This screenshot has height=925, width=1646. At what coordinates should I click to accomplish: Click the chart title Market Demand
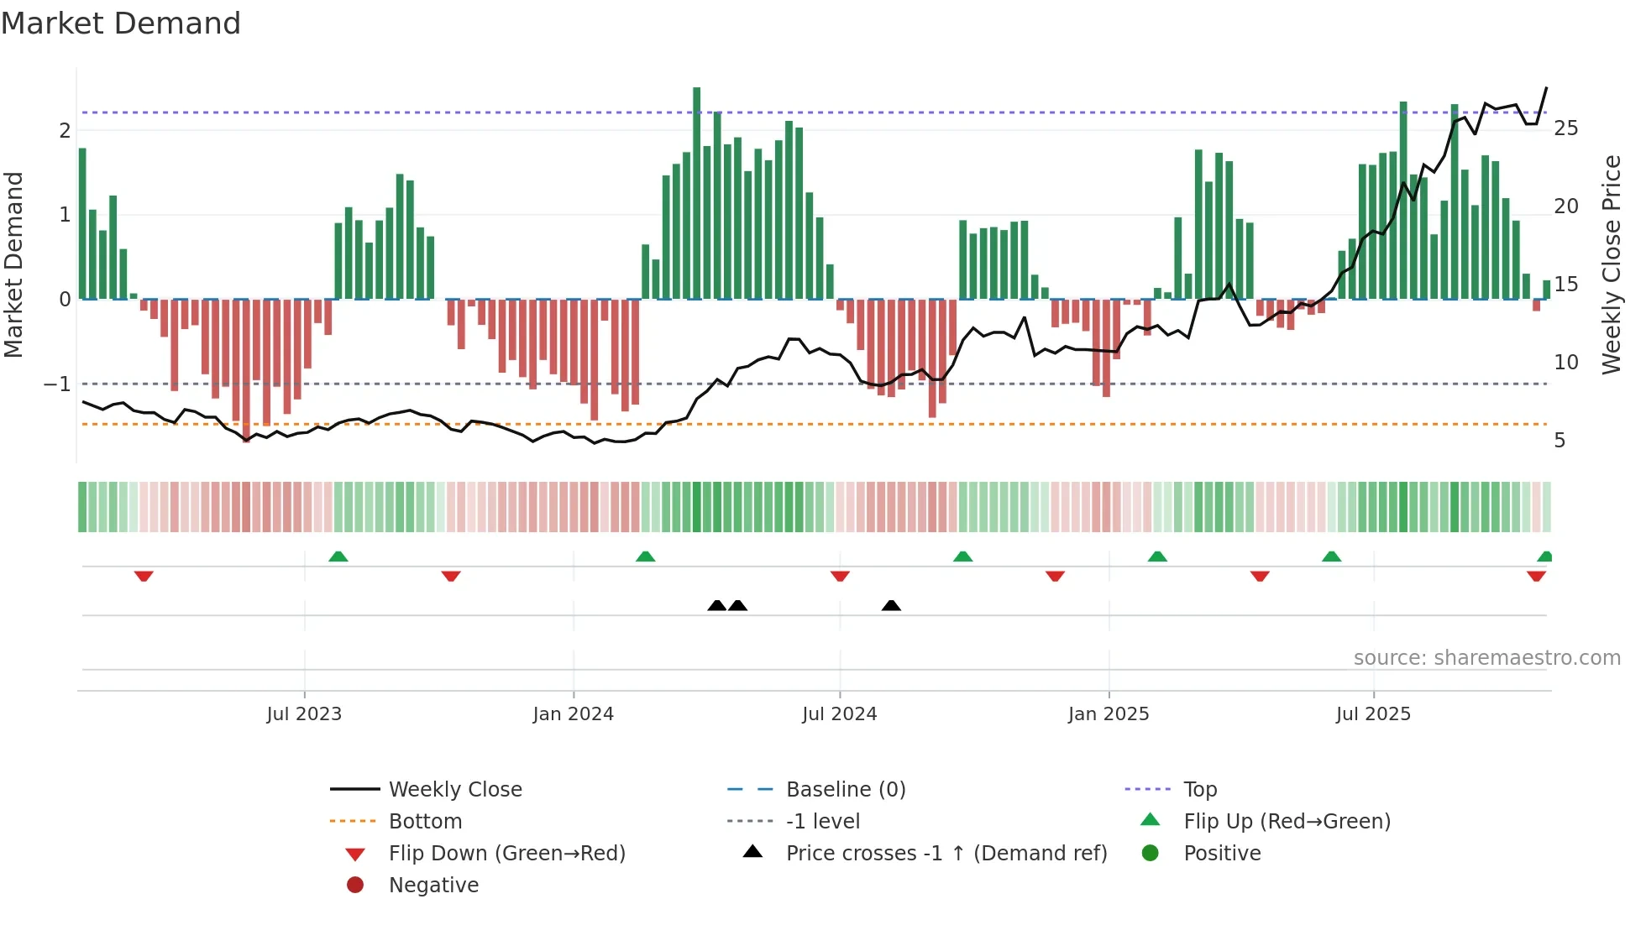pos(121,24)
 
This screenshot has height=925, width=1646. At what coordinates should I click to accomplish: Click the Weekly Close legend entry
pos(454,789)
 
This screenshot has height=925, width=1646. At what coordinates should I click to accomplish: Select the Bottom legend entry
pos(425,821)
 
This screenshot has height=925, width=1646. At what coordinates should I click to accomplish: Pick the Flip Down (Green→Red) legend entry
pos(506,853)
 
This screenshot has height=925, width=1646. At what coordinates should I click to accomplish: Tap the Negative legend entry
pos(433,885)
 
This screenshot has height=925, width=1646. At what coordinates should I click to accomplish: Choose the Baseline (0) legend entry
pos(845,789)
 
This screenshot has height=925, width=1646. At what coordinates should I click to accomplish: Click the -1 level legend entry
pos(822,821)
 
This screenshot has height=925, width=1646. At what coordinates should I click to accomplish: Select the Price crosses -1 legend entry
pos(946,853)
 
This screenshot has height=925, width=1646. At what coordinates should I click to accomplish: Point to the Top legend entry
pos(1199,789)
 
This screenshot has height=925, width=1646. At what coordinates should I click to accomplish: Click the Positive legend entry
pos(1221,853)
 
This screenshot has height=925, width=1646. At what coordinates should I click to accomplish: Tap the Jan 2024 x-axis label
pos(573,714)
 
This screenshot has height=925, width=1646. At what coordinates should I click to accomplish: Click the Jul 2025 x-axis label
pos(1373,714)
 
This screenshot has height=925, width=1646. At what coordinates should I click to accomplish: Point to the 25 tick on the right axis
pos(1565,128)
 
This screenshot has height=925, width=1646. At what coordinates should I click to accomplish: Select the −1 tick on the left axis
pos(58,384)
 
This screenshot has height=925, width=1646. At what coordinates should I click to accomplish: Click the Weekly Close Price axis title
pos(1611,264)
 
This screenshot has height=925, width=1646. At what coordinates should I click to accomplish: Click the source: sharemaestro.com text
pos(1486,658)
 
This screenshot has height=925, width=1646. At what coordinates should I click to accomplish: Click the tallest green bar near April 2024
pos(697,193)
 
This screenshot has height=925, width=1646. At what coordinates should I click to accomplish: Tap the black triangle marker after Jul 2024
pos(891,605)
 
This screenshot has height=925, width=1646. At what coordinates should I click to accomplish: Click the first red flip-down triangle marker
pos(144,576)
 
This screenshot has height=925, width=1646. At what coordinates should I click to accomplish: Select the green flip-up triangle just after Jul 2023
pos(338,557)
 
